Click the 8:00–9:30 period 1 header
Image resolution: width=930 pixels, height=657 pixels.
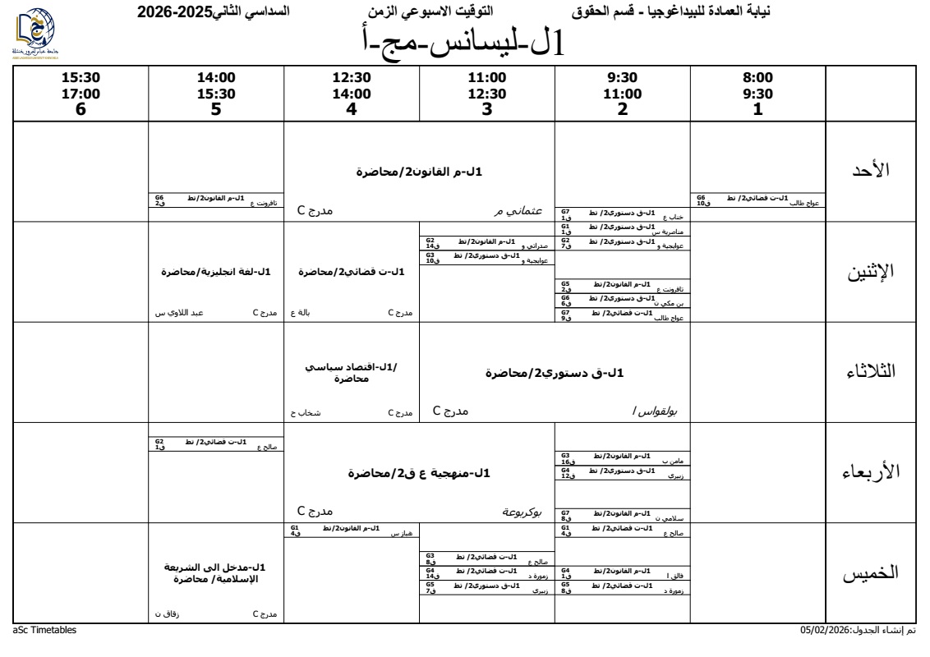point(757,95)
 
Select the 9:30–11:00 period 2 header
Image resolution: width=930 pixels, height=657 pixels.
point(622,95)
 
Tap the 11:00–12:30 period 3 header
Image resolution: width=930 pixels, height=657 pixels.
point(486,95)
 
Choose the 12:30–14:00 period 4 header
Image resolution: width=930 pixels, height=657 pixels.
point(351,95)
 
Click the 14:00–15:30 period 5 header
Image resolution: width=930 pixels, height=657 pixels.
point(216,95)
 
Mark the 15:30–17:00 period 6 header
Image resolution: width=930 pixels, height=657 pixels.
point(81,95)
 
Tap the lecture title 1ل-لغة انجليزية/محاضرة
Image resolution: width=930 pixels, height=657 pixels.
point(216,272)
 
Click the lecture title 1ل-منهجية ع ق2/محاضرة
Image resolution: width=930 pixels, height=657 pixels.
point(419,474)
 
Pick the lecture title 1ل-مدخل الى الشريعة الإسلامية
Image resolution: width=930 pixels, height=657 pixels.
point(216,574)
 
